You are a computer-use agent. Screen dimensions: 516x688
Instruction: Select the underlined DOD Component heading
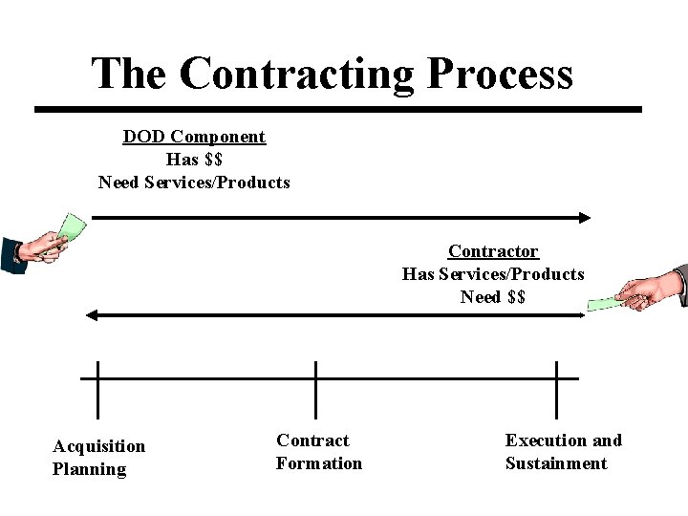click(194, 137)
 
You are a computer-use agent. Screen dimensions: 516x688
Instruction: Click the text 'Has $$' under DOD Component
click(194, 160)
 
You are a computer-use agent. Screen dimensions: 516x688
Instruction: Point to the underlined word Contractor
click(493, 251)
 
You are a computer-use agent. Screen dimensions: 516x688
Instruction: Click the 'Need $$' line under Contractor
click(493, 297)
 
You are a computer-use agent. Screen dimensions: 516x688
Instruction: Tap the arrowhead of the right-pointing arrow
click(585, 218)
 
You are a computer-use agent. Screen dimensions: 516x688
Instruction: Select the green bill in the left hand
click(72, 227)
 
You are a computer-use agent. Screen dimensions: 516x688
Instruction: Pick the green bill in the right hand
click(603, 303)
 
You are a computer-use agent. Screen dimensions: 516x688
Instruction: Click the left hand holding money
click(38, 247)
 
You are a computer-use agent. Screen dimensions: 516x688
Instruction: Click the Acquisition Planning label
click(99, 457)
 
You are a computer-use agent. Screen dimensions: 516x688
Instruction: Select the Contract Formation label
click(319, 451)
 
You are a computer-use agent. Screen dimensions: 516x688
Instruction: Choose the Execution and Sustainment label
click(563, 451)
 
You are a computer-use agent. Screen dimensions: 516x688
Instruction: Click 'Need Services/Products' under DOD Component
click(194, 183)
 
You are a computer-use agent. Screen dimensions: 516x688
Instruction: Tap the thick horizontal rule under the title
click(338, 109)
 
